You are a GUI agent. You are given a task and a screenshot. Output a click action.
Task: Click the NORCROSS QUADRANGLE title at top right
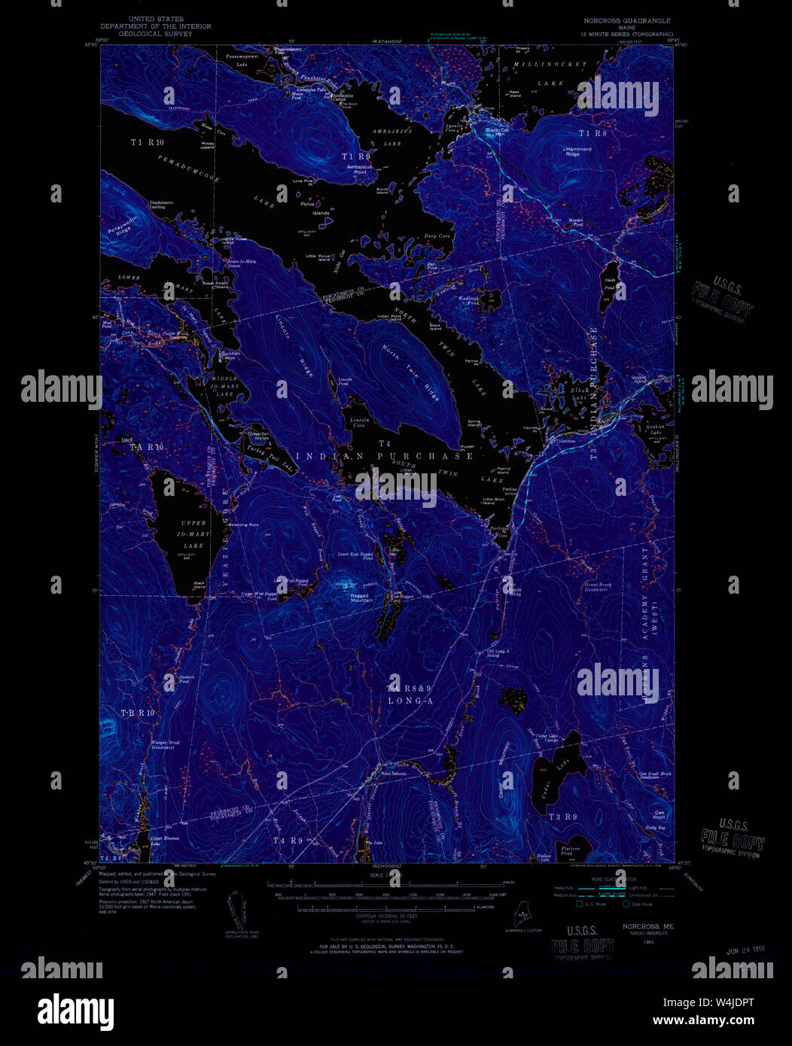click(x=626, y=21)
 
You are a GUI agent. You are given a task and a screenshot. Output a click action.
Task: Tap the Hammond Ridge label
click(x=579, y=151)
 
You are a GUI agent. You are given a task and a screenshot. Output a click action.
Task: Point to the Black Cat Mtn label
click(x=495, y=132)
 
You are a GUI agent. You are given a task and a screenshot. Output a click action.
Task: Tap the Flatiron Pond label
click(x=571, y=851)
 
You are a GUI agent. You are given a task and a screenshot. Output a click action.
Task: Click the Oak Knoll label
click(x=660, y=814)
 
